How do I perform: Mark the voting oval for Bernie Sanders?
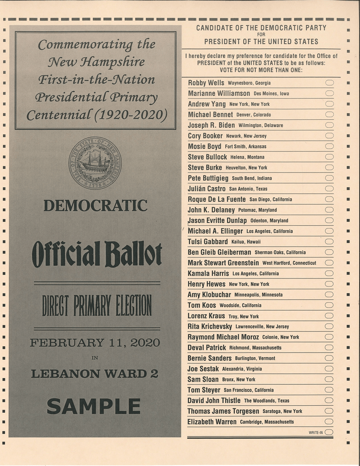(x=329, y=358)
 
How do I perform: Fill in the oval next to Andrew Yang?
(x=329, y=104)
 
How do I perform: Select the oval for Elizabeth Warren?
(x=329, y=422)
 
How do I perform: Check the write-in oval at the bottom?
(x=329, y=432)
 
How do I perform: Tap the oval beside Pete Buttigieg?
(x=329, y=178)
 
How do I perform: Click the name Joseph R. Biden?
(x=211, y=125)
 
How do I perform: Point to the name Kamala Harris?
(x=208, y=273)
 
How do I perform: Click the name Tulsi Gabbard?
(x=208, y=242)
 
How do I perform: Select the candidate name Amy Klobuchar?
(x=209, y=295)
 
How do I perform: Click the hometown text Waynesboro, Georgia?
(x=249, y=83)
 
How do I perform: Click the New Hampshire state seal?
(x=95, y=163)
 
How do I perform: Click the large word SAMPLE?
(x=94, y=407)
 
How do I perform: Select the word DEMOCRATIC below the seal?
(x=95, y=206)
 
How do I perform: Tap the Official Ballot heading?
(x=97, y=254)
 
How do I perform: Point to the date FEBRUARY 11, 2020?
(x=95, y=343)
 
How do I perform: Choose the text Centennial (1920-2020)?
(x=96, y=114)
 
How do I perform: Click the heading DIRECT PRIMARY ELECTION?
(x=97, y=305)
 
